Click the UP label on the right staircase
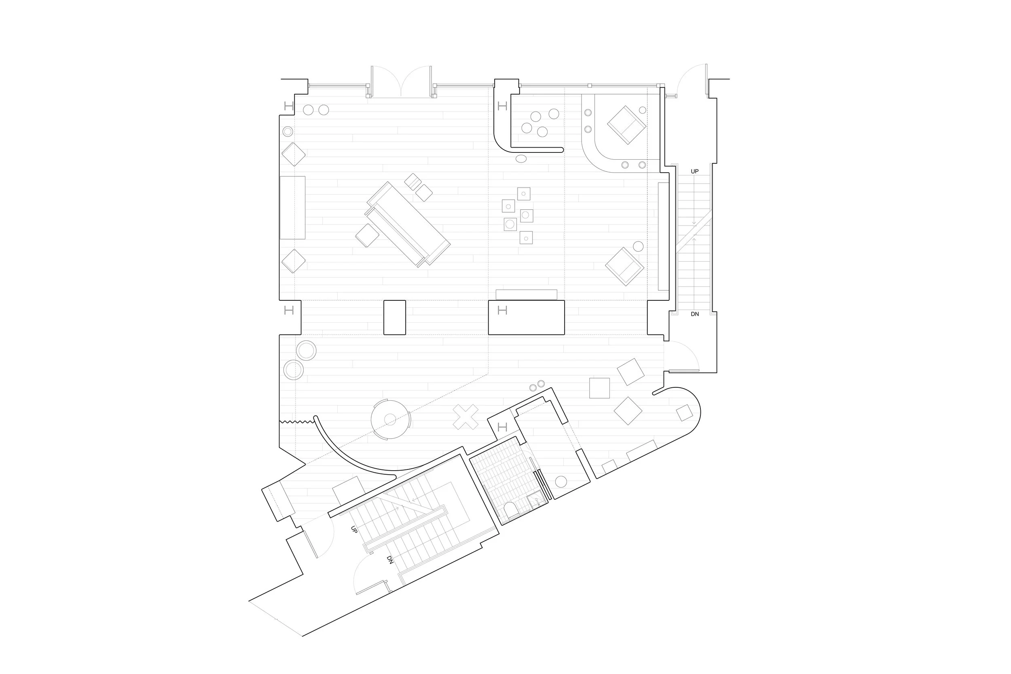695,171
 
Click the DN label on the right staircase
695,314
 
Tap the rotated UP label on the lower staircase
354,530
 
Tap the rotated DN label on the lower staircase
390,560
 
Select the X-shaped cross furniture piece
465,417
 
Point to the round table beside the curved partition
390,420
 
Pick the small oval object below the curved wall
520,159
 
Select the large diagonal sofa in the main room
408,224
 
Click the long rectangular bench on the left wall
292,207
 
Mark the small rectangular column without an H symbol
395,317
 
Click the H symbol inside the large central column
502,310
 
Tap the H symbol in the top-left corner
289,106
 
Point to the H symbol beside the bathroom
502,427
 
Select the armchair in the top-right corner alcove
626,125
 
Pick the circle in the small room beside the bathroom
561,482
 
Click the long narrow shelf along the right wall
663,237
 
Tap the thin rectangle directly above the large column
526,294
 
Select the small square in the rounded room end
684,413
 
